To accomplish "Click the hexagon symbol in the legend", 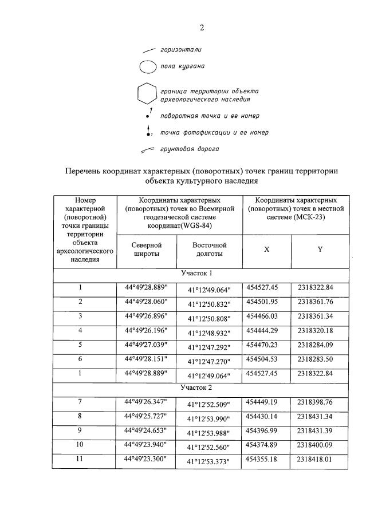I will (x=147, y=94).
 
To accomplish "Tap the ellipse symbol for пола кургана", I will (x=147, y=66).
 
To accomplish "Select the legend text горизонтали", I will (x=180, y=50).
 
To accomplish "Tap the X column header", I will (x=266, y=250).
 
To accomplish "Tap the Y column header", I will (x=320, y=250).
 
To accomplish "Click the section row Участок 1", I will (x=200, y=273).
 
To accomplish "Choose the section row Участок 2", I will (x=200, y=387).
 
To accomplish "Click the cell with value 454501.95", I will (x=266, y=302).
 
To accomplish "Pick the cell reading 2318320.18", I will (x=320, y=331).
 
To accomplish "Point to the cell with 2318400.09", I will (x=320, y=445).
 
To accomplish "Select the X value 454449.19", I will (x=266, y=402).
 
